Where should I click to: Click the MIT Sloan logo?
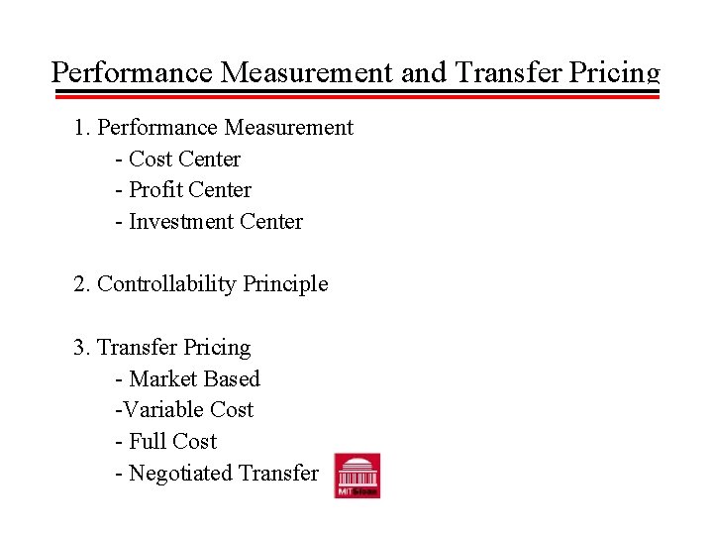tap(356, 476)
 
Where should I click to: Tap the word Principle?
tap(287, 284)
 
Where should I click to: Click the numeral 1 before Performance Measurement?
tap(79, 128)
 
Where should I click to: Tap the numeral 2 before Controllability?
tap(79, 284)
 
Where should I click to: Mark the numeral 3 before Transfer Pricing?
tap(79, 348)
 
